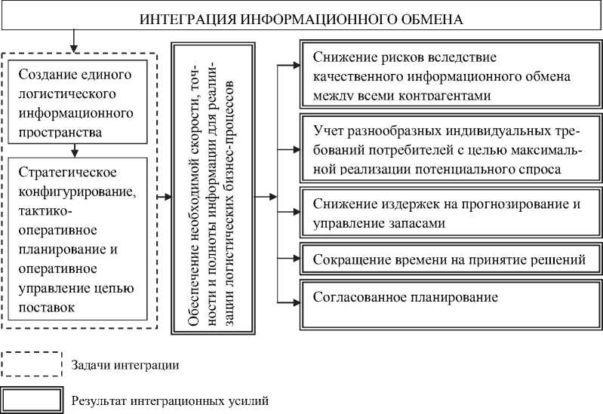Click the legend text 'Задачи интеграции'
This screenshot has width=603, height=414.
pyautogui.click(x=125, y=365)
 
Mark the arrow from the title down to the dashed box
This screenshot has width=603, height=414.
pyautogui.click(x=73, y=40)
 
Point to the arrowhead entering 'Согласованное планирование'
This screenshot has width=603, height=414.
pyautogui.click(x=295, y=299)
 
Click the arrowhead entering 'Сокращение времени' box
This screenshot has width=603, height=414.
pyautogui.click(x=295, y=259)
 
